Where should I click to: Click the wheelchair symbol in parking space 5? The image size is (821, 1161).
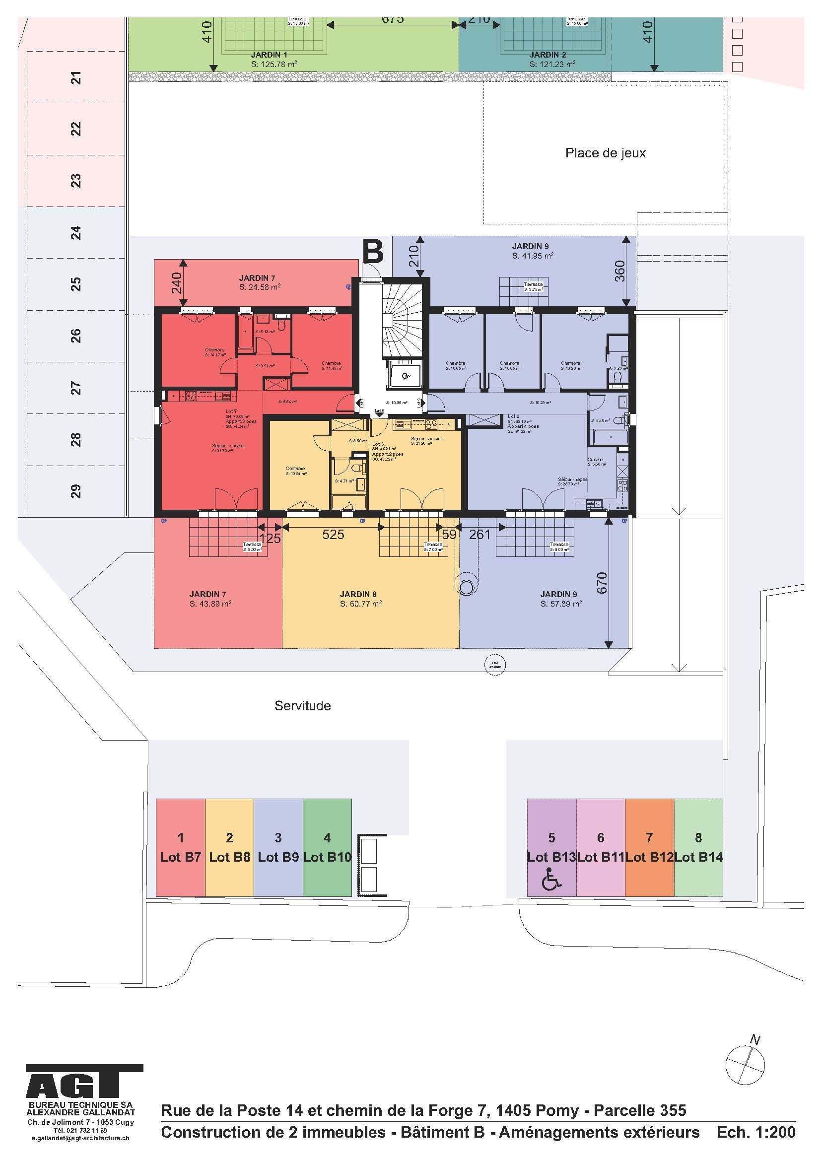[x=551, y=881]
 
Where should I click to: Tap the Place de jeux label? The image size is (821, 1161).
[x=605, y=153]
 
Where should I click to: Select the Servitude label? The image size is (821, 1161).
[x=302, y=706]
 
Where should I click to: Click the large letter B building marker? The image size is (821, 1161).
[x=373, y=251]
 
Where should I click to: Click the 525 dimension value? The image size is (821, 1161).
[x=333, y=535]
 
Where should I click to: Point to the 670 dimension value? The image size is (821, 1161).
[x=602, y=583]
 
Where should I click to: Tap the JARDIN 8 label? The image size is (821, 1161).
[x=358, y=595]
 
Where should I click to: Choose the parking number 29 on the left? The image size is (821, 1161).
[x=75, y=491]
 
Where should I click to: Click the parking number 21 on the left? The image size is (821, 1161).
[x=75, y=78]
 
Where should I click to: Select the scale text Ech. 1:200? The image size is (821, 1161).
[x=756, y=1132]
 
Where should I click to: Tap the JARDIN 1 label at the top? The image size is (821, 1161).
[x=269, y=55]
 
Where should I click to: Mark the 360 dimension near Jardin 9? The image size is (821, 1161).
[x=620, y=271]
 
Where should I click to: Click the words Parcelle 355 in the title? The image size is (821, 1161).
[x=639, y=1110]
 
